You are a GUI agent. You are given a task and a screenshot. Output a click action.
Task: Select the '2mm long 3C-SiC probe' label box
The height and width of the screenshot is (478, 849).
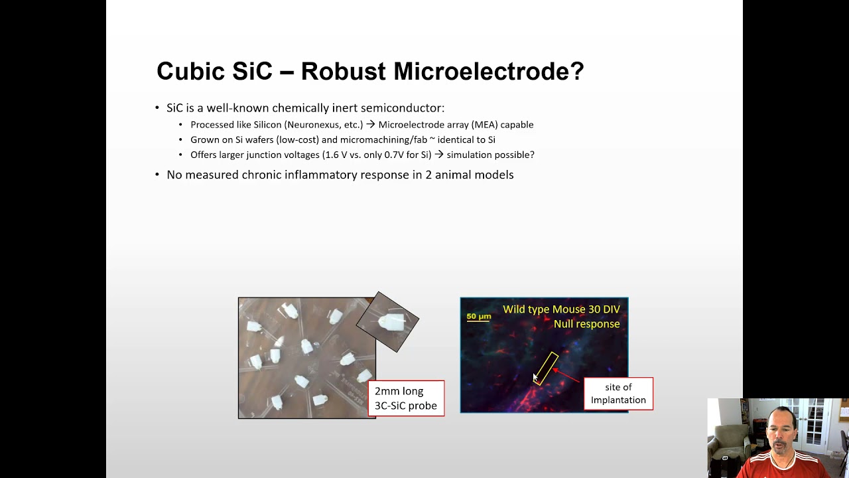click(406, 398)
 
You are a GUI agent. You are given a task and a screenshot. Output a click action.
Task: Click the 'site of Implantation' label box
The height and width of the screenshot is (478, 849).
click(618, 394)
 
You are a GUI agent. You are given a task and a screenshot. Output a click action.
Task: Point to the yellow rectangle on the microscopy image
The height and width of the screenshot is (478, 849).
click(545, 368)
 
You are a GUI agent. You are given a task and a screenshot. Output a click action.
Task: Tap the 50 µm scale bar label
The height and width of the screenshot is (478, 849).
click(478, 317)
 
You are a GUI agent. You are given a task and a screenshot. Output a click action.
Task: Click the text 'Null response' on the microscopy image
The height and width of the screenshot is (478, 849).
click(586, 324)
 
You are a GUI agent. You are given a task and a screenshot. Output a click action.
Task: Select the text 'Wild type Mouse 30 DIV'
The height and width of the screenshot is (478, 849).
click(561, 309)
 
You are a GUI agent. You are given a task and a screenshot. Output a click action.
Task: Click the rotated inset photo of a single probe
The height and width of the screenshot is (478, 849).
click(388, 322)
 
